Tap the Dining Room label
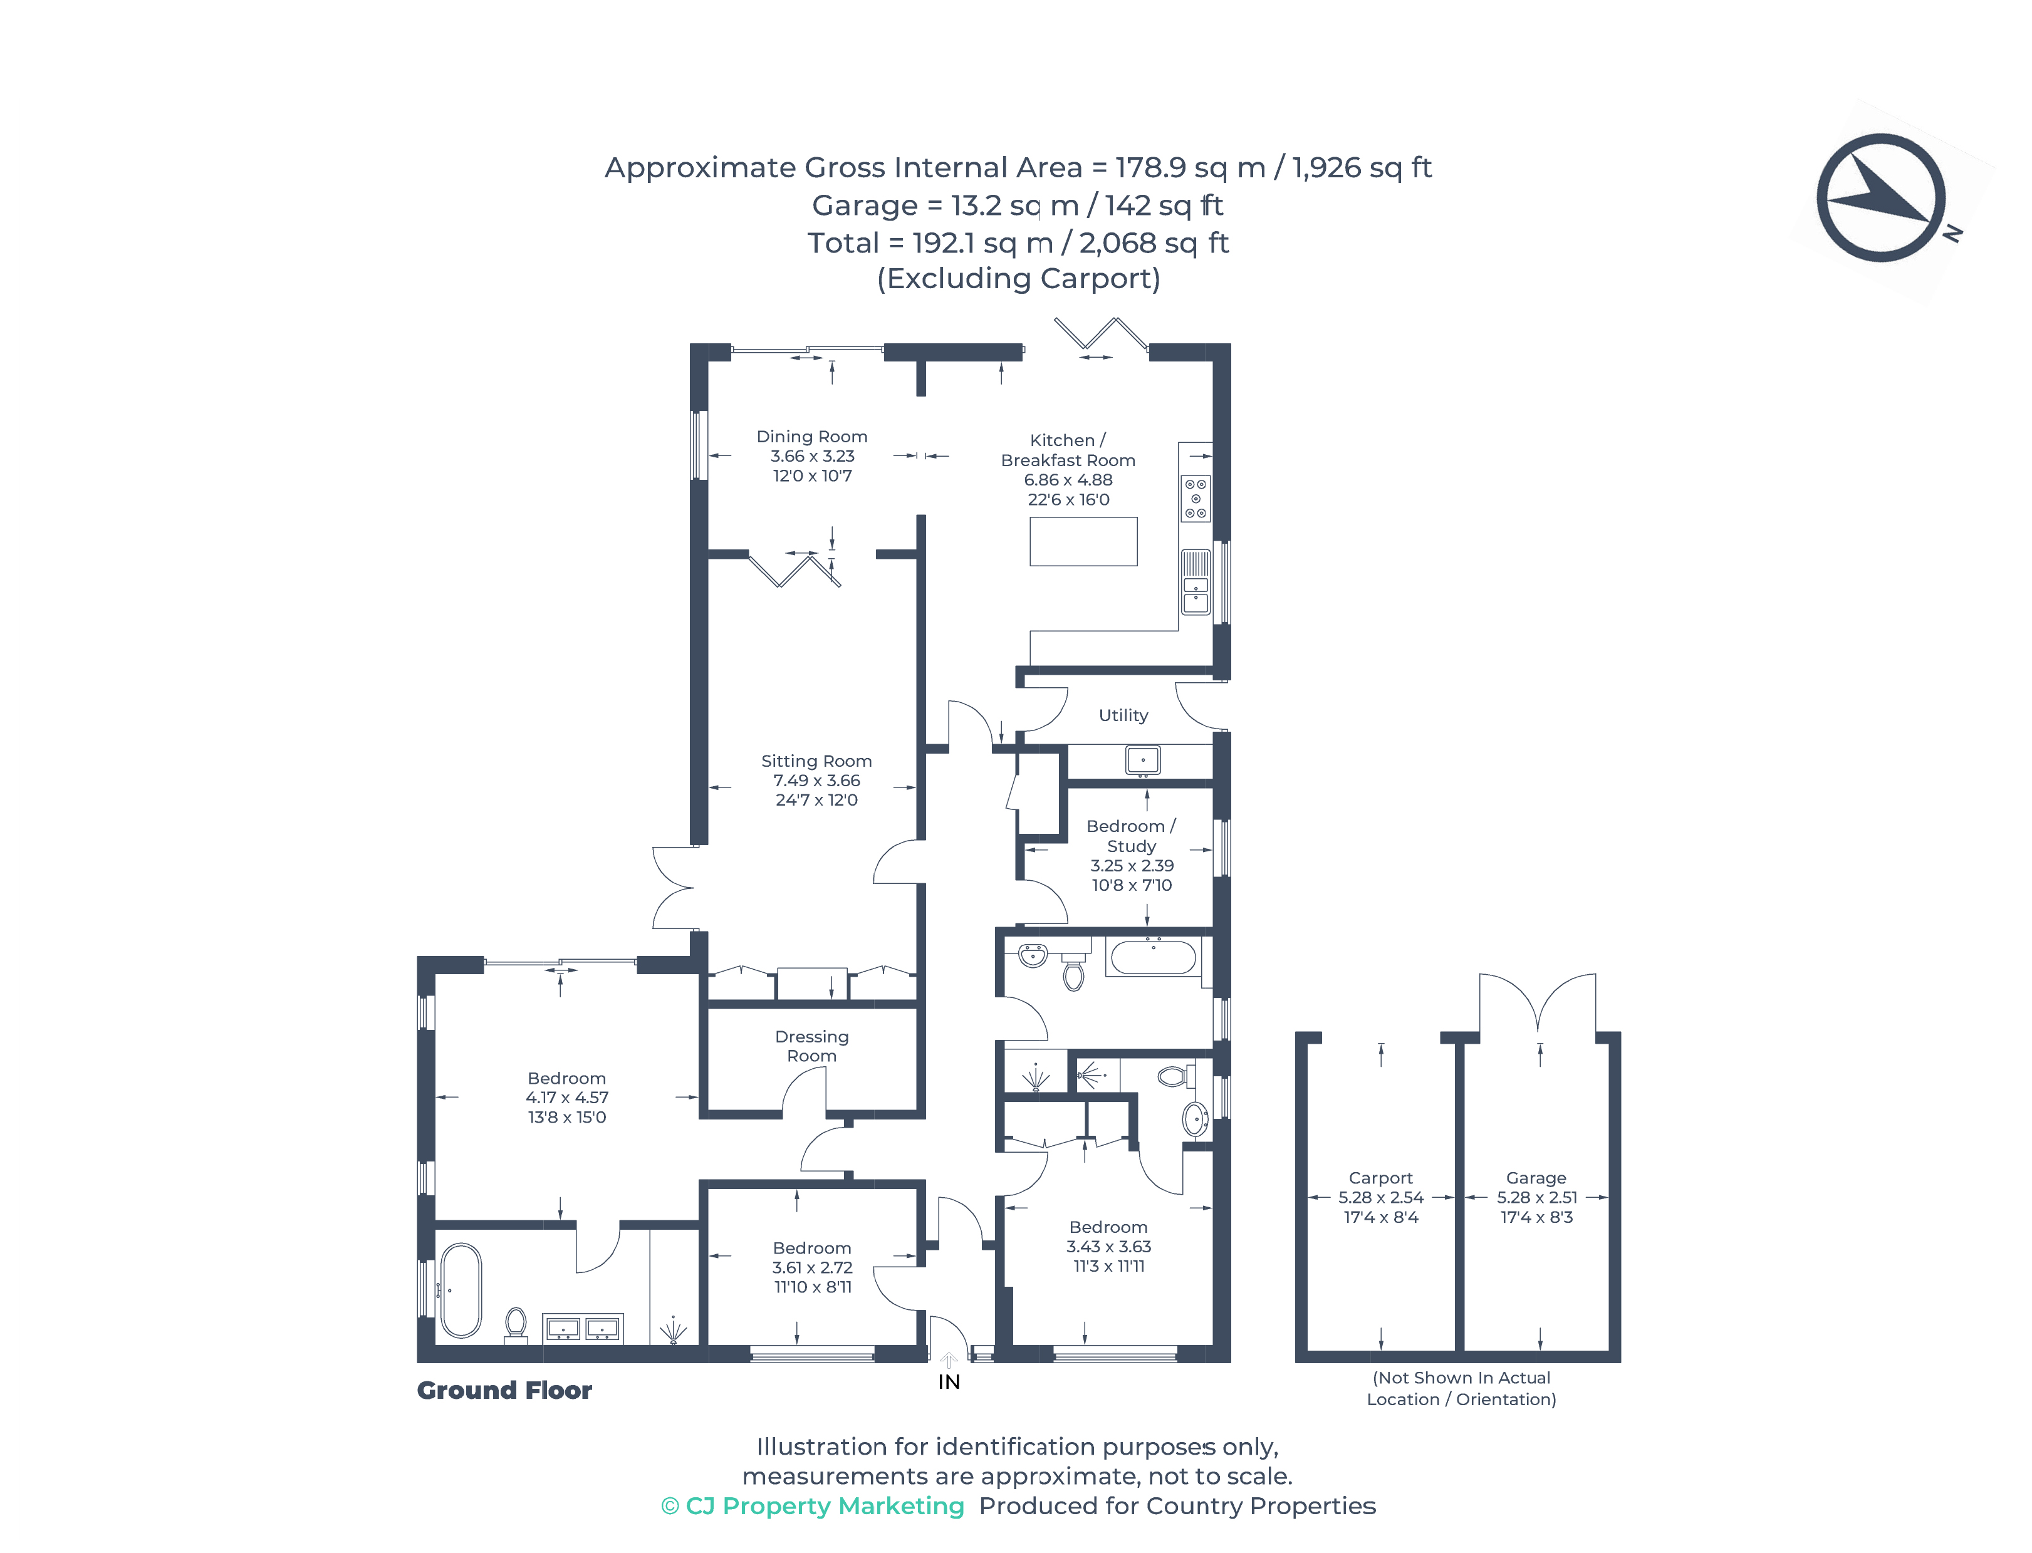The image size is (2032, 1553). tap(811, 436)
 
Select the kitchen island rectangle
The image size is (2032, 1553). tap(1083, 542)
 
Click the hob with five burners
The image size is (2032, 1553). tap(1196, 498)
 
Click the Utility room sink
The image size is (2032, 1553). tap(1143, 761)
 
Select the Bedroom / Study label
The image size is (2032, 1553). tap(1130, 836)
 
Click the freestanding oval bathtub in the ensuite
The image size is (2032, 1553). tap(461, 1291)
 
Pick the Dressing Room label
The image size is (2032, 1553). tap(811, 1046)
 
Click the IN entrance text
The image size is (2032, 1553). tap(949, 1382)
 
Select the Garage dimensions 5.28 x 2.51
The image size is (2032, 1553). tap(1536, 1197)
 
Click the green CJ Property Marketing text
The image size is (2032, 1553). tap(813, 1506)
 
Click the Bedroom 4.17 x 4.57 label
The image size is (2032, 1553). tap(566, 1098)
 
